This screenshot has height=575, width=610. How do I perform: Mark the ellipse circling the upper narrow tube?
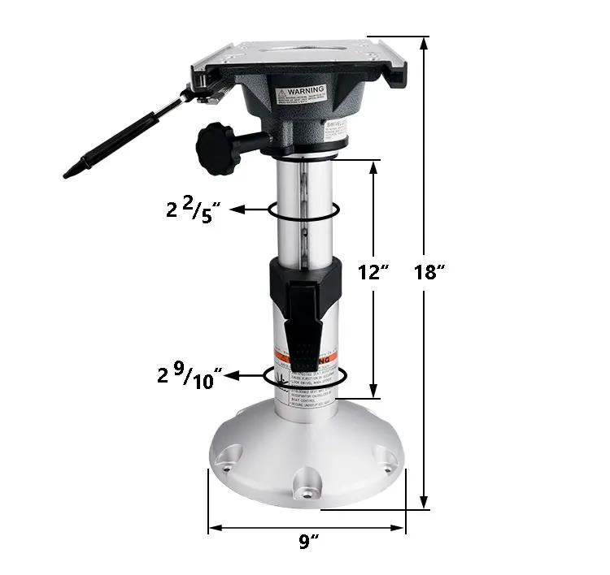(x=303, y=210)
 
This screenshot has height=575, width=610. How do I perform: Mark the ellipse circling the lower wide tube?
(x=306, y=376)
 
